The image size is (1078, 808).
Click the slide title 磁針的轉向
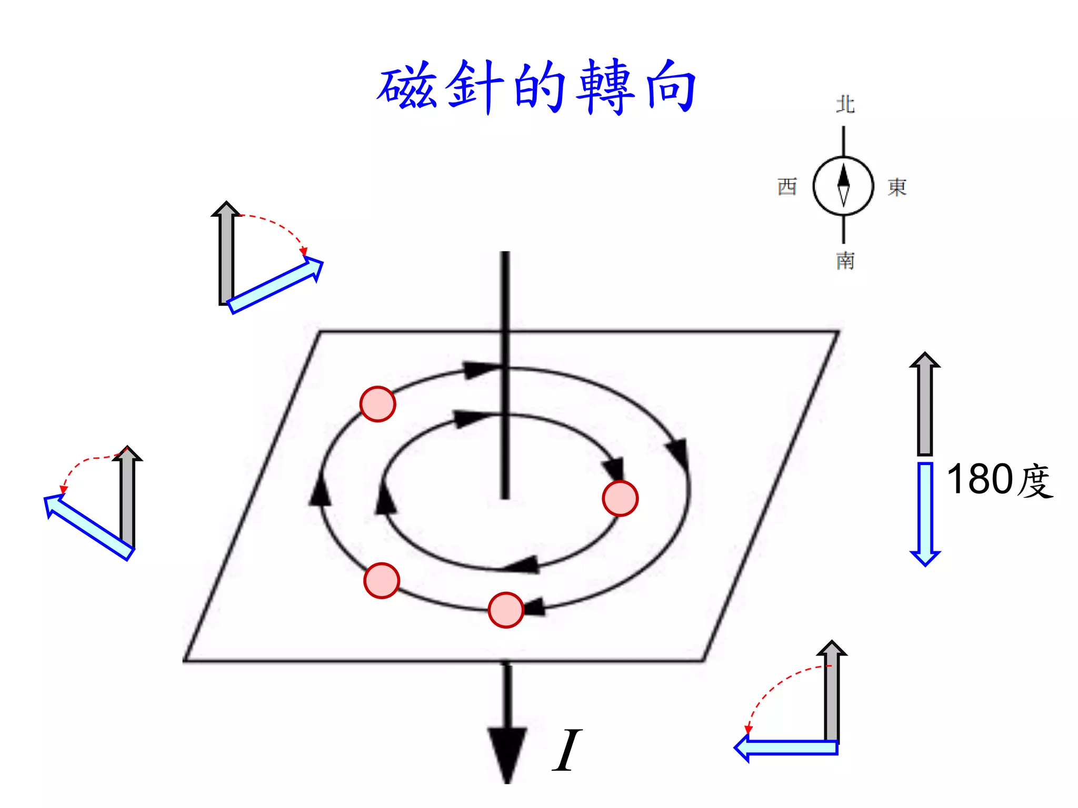click(537, 87)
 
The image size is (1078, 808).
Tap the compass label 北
click(845, 104)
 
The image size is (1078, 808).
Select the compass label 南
click(845, 261)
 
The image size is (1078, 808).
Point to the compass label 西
click(787, 187)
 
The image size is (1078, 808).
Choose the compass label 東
click(897, 187)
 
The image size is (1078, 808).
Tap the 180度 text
click(999, 480)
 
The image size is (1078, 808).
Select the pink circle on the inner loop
click(620, 498)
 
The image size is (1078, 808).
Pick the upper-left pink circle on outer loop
click(377, 404)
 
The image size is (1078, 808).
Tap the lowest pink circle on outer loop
click(506, 610)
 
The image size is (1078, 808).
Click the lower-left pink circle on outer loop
click(382, 581)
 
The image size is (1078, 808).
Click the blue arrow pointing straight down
click(925, 513)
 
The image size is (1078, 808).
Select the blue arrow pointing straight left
click(787, 748)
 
